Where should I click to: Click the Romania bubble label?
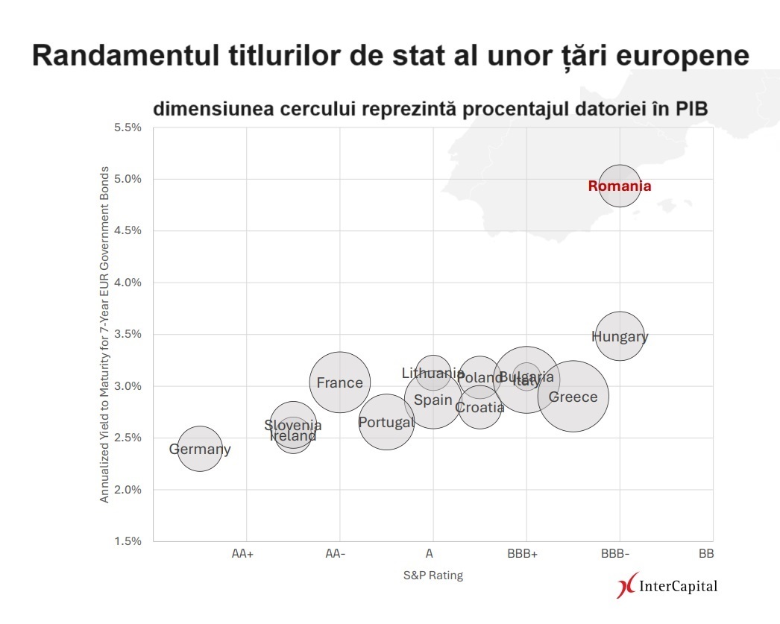pos(619,186)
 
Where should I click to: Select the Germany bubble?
pos(200,450)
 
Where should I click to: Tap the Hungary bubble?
pos(619,336)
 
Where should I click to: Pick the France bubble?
pos(339,383)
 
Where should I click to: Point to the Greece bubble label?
pos(573,397)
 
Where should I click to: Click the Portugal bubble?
pos(386,423)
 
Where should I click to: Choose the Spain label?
pos(433,400)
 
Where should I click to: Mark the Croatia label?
pos(479,408)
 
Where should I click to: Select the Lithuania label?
pos(433,374)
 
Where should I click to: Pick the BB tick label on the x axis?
pos(706,554)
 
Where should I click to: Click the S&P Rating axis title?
pos(433,576)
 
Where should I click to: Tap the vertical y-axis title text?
pos(104,334)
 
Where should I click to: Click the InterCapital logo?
pos(668,586)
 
